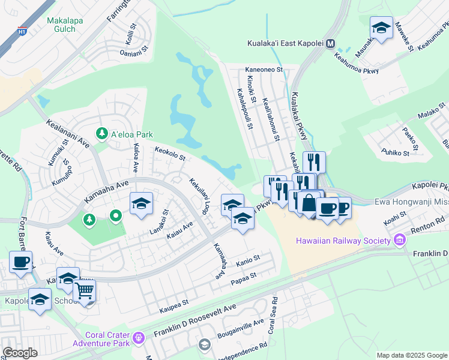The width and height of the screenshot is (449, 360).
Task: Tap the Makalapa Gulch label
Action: pyautogui.click(x=61, y=25)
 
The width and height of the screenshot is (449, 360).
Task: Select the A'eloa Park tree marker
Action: pyautogui.click(x=102, y=133)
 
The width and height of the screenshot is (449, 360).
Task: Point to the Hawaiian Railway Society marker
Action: pyautogui.click(x=399, y=241)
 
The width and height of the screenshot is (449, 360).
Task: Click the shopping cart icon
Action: pyautogui.click(x=85, y=291)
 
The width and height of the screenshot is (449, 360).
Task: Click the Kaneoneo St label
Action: pyautogui.click(x=264, y=70)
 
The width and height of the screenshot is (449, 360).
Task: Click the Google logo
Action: pyautogui.click(x=20, y=353)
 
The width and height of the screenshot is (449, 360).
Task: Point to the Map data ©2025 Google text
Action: pyautogui.click(x=411, y=355)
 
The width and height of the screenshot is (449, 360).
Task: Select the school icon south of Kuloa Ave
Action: pyautogui.click(x=141, y=204)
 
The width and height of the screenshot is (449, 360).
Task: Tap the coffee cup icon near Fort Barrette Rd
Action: pyautogui.click(x=20, y=263)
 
